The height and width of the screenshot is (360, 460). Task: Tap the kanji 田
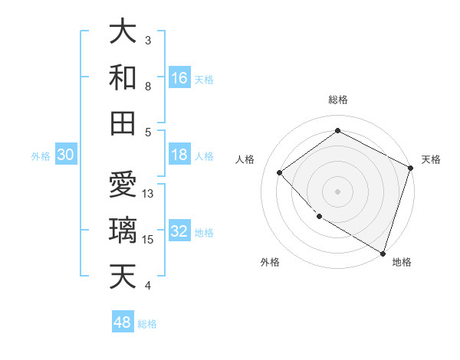[124, 123]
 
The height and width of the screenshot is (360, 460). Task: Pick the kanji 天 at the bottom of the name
[124, 276]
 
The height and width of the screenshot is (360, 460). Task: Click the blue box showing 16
[179, 77]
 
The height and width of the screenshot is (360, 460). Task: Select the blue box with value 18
[179, 155]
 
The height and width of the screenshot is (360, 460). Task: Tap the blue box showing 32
[179, 232]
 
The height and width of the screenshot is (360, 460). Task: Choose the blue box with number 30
[65, 155]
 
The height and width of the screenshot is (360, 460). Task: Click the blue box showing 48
[122, 322]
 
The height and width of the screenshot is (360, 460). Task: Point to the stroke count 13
[148, 194]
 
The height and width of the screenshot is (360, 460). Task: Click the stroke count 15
[148, 240]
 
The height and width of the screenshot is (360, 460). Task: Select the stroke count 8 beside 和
[148, 86]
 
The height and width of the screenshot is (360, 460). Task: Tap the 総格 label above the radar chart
[338, 100]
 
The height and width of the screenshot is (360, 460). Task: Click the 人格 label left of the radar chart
[245, 159]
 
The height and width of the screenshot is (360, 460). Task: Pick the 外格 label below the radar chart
[270, 262]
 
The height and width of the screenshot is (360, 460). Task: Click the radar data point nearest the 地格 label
[383, 252]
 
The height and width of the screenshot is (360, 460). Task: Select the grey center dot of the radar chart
[337, 191]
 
